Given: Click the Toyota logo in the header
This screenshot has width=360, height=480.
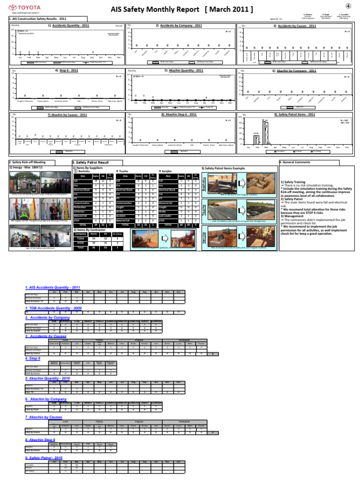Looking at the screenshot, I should [18, 8].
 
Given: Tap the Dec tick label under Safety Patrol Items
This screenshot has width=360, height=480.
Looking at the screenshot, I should [347, 147].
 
